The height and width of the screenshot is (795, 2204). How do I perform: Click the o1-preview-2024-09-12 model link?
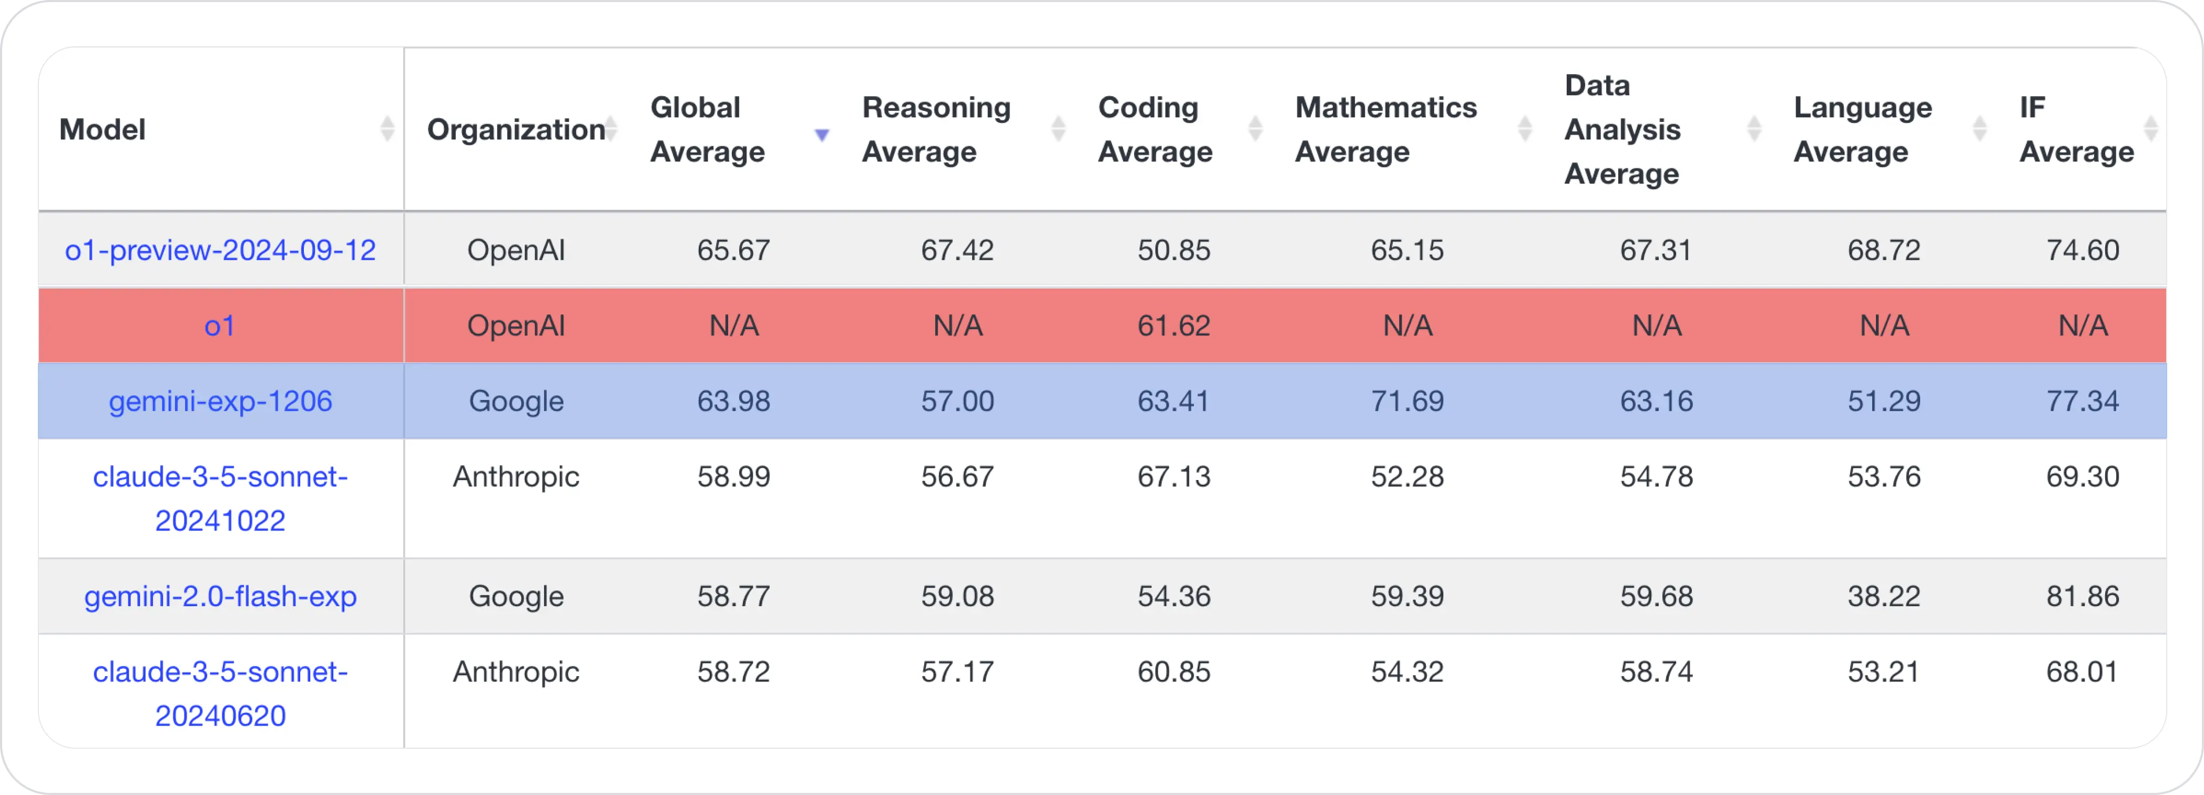pos(220,250)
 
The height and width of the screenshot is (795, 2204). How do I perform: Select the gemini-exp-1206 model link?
pos(220,401)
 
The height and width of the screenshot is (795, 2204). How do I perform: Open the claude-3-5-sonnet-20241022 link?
pos(220,498)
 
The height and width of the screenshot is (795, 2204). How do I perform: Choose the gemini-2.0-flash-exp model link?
pos(220,596)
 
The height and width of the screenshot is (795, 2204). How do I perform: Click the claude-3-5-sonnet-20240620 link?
pos(220,693)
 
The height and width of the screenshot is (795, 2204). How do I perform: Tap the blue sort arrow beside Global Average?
pos(821,135)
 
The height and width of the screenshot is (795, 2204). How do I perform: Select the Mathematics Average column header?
pos(1385,129)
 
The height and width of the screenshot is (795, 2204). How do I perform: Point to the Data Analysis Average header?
pos(1621,129)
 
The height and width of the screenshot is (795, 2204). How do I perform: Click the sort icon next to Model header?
pos(387,129)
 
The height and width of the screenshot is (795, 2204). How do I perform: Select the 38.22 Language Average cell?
pos(1883,596)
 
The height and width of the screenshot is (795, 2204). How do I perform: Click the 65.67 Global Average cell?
pos(733,250)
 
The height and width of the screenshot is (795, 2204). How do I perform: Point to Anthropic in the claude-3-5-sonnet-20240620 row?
pos(516,672)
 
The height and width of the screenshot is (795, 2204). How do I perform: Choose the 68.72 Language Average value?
pos(1883,250)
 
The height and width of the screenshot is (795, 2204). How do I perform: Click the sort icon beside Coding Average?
pos(1254,129)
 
